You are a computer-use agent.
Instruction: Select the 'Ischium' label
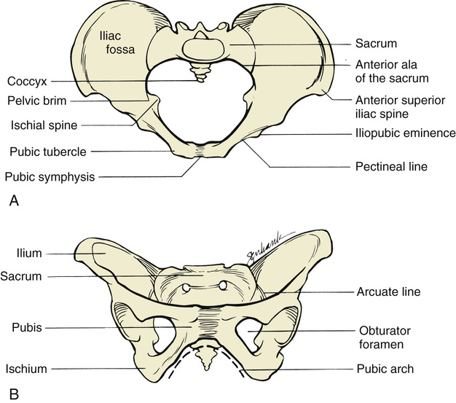[x=27, y=369]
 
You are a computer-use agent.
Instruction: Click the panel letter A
[x=13, y=203]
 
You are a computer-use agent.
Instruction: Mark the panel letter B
[x=13, y=394]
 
